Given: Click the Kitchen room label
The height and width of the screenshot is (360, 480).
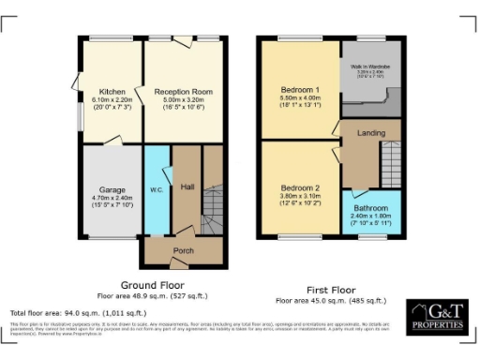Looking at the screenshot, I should [101, 92].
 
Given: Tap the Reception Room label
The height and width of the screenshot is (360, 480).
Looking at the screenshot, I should [183, 92].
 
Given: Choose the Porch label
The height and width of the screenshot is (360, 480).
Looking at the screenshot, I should [183, 252].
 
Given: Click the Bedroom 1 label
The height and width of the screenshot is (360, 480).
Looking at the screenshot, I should [300, 90].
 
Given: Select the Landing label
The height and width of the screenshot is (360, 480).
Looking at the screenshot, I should [371, 134].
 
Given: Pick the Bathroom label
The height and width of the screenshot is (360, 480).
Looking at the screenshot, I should [370, 208].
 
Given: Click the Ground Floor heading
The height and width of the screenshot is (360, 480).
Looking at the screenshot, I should [153, 284].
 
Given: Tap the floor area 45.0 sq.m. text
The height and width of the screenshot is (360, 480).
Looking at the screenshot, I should [331, 301].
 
